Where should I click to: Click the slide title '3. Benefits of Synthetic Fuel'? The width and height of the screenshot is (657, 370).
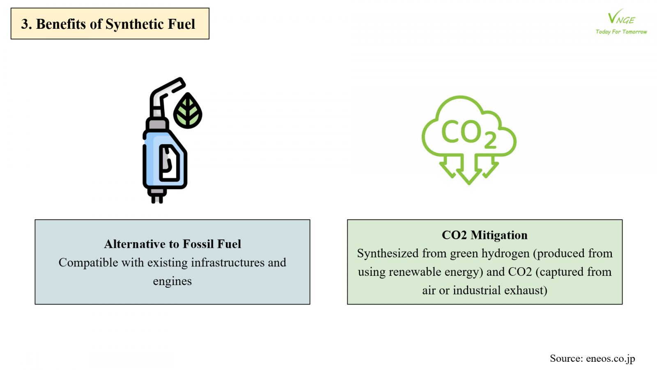click(x=108, y=24)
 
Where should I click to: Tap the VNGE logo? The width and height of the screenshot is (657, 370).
click(x=621, y=18)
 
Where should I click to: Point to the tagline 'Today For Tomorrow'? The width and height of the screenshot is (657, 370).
click(x=621, y=32)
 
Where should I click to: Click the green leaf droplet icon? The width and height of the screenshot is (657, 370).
click(x=188, y=111)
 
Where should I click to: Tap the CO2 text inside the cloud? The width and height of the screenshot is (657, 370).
click(x=468, y=133)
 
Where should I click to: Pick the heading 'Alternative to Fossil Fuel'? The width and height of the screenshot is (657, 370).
click(x=172, y=244)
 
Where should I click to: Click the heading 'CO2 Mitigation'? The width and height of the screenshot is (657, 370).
click(x=485, y=235)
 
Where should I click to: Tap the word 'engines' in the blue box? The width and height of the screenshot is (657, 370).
click(x=172, y=281)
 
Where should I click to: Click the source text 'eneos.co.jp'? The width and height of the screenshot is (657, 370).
click(x=610, y=358)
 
